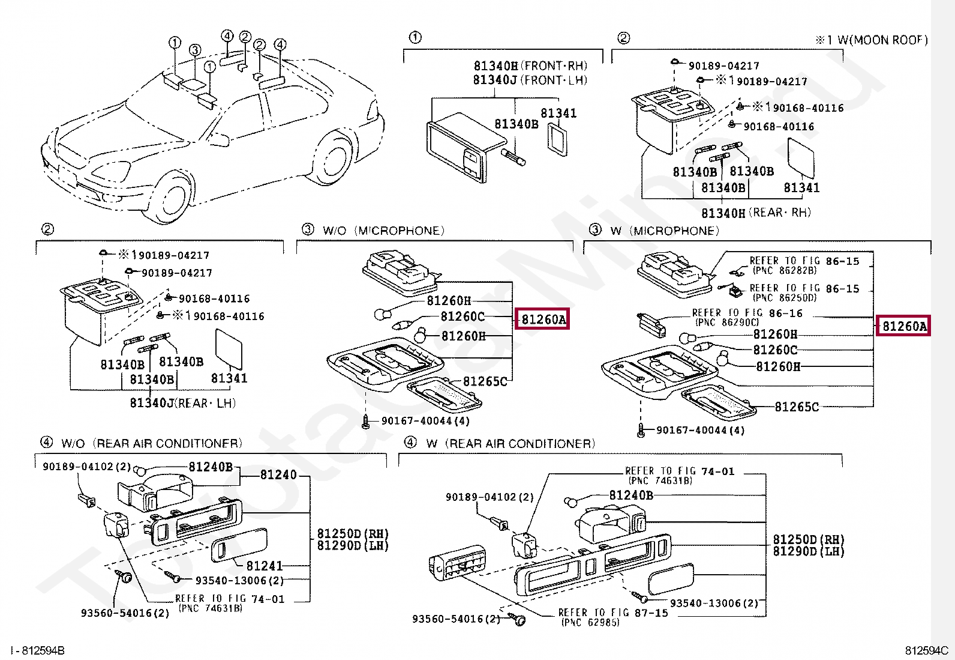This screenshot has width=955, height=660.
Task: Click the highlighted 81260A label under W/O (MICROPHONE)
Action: [543, 320]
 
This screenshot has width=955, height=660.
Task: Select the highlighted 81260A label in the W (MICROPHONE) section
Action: [904, 327]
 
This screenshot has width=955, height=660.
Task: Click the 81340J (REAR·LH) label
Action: [182, 403]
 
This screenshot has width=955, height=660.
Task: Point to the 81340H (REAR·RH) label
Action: [756, 213]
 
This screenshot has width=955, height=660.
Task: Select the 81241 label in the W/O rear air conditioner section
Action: [264, 565]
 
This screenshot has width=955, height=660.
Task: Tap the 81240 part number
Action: [278, 475]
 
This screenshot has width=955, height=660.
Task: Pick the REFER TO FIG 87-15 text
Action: [612, 613]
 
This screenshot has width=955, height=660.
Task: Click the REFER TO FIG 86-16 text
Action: [746, 313]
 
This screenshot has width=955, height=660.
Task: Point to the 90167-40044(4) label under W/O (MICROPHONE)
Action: [425, 421]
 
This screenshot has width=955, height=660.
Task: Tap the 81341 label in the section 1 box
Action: [558, 113]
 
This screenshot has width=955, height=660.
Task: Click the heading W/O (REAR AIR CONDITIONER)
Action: [151, 443]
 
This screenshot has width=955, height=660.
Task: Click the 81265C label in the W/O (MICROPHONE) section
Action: [485, 381]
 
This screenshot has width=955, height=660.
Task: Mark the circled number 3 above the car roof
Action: [194, 50]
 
